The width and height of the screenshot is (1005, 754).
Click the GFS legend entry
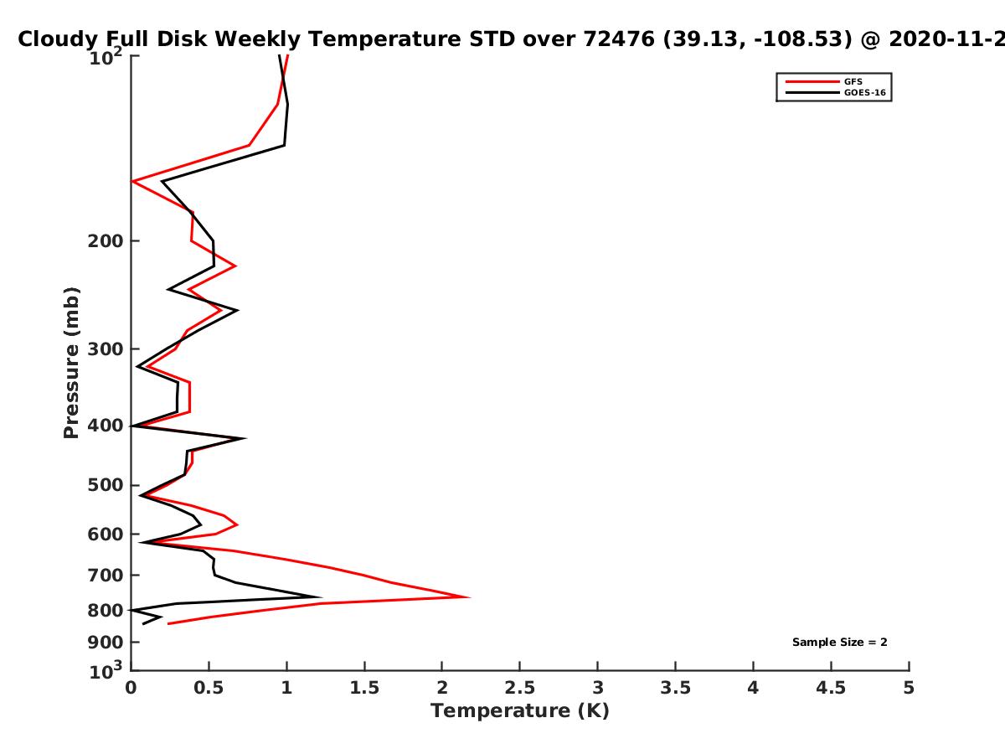click(853, 82)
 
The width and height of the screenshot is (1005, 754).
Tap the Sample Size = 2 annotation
click(840, 643)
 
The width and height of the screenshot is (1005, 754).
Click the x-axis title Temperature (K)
click(520, 710)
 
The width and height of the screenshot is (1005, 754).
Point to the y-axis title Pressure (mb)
click(71, 363)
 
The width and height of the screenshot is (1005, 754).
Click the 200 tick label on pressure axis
click(106, 240)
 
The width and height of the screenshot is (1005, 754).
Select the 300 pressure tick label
click(106, 349)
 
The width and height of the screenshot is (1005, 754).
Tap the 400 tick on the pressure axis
click(106, 426)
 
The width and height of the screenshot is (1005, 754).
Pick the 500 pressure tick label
click(106, 485)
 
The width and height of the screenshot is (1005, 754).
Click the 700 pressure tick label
click(106, 575)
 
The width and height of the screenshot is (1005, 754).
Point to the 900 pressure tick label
click(106, 643)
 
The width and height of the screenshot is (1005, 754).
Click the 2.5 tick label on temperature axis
click(520, 688)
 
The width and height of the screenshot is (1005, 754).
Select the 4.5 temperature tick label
click(831, 688)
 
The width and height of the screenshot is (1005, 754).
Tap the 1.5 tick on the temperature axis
click(364, 688)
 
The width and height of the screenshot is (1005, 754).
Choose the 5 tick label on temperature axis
click(909, 688)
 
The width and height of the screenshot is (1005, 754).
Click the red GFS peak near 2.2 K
click(469, 597)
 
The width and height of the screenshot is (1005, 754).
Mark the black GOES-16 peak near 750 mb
click(321, 597)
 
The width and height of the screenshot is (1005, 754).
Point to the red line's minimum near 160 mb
click(132, 181)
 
